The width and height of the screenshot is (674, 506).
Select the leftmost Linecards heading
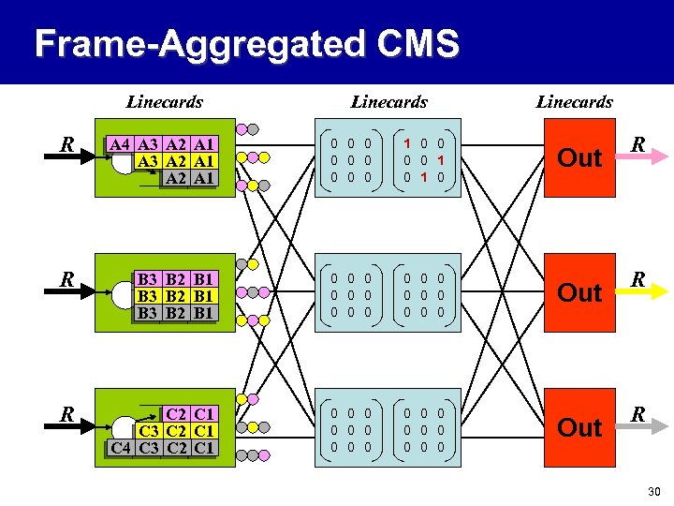point(164,101)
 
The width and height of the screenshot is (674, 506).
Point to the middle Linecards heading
point(388,101)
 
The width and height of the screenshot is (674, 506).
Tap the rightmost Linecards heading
point(574,101)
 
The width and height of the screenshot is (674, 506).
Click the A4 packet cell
point(119,144)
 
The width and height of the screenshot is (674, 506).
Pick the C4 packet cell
point(120,447)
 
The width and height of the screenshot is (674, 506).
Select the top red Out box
point(579,157)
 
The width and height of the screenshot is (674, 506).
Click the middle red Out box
point(579,292)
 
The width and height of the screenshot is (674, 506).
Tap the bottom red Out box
point(579,427)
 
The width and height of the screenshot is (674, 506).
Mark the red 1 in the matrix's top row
point(407,143)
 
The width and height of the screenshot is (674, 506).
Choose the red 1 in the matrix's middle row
point(440,159)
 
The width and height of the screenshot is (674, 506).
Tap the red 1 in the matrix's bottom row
point(423,176)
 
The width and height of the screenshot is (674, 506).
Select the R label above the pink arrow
point(637,144)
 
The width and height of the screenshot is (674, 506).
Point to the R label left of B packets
point(66,279)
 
